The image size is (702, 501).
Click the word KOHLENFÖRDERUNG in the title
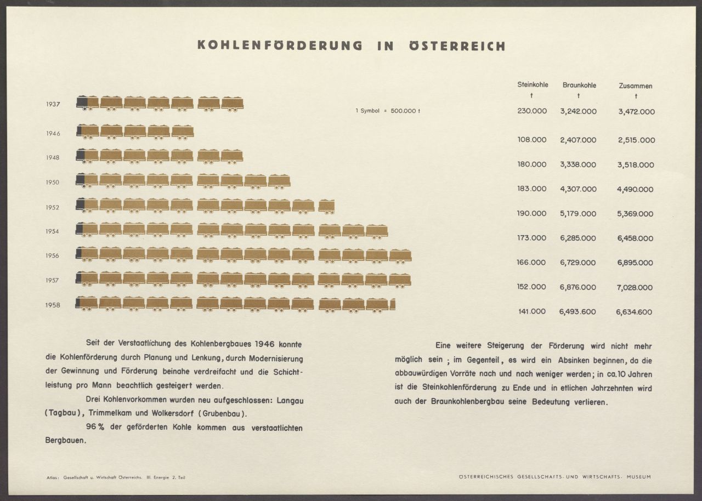click(280, 46)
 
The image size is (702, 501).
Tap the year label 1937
click(53, 104)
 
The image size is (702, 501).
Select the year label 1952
click(53, 207)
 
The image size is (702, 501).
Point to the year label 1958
click(53, 305)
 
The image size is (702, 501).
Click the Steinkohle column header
click(532, 85)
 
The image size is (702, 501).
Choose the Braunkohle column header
click(579, 86)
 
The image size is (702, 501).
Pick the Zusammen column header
click(635, 86)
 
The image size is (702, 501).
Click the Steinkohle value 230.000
click(532, 111)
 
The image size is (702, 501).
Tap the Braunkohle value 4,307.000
click(578, 189)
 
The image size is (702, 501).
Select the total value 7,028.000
click(635, 287)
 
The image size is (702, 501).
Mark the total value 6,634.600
click(634, 312)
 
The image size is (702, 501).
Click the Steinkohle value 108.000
click(532, 140)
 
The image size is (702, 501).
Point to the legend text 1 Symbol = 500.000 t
click(388, 111)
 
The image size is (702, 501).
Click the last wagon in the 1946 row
click(183, 132)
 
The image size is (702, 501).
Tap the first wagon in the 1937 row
click(88, 103)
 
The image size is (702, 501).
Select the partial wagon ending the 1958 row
click(392, 304)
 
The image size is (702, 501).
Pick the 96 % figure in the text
click(95, 427)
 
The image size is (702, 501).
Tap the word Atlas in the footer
click(53, 478)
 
